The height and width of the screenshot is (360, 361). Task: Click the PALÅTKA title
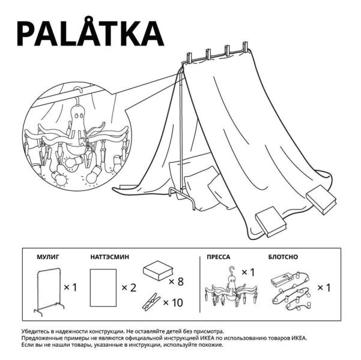click(90, 32)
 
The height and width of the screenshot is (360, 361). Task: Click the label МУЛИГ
click(48, 257)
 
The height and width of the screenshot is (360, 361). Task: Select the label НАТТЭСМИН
click(110, 257)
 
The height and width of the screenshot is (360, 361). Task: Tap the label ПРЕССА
click(218, 257)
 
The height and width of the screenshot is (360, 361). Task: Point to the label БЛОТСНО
click(283, 257)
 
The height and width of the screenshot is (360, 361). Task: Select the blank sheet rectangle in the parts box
click(103, 287)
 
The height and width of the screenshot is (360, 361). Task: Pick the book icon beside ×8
click(158, 271)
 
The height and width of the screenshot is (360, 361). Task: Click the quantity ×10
click(173, 303)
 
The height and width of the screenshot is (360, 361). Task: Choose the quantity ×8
click(176, 281)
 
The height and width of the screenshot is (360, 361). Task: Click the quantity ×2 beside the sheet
click(129, 288)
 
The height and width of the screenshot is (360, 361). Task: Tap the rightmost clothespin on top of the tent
click(245, 47)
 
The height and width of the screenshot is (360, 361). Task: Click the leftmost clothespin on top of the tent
click(189, 59)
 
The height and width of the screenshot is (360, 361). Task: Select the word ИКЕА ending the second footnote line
click(299, 338)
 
